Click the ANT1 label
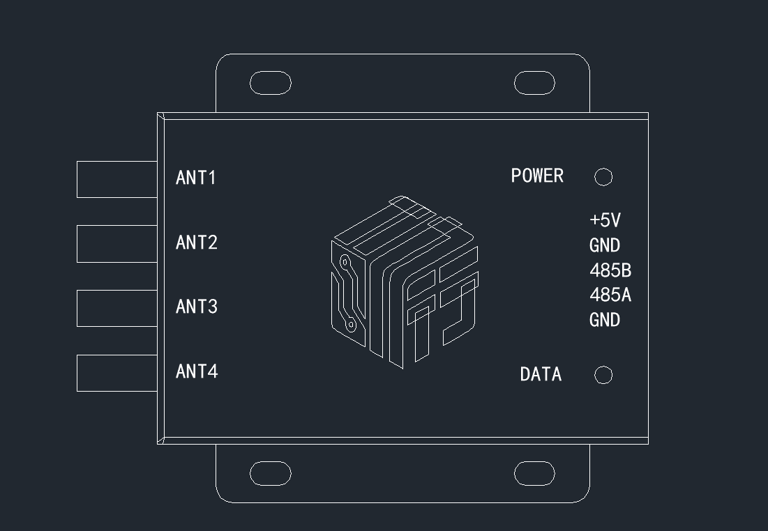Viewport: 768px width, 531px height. [x=195, y=178]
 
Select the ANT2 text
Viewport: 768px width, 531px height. [x=197, y=243]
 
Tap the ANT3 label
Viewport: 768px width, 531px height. [x=197, y=307]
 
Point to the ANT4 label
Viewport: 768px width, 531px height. [x=197, y=371]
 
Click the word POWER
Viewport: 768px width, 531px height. [x=537, y=176]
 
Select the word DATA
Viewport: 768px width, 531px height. [x=541, y=374]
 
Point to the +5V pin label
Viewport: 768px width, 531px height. [x=605, y=220]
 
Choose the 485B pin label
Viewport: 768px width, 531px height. [x=610, y=270]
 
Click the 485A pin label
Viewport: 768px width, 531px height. [x=610, y=295]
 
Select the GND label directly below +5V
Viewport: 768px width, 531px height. [x=605, y=245]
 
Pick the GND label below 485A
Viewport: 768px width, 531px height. [x=605, y=320]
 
